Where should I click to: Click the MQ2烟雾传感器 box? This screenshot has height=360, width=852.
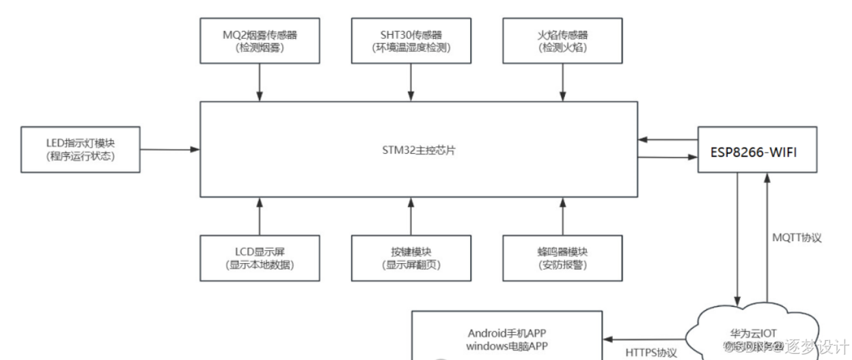click(260, 41)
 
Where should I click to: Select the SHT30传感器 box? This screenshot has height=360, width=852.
click(411, 41)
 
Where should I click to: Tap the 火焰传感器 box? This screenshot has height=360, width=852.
click(562, 41)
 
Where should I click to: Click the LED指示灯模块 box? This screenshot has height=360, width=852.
click(81, 149)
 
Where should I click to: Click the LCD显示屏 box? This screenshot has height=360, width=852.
click(260, 258)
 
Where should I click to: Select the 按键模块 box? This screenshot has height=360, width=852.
click(411, 258)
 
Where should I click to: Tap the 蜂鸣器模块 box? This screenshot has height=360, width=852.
click(562, 258)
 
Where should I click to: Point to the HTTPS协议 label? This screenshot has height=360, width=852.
click(651, 353)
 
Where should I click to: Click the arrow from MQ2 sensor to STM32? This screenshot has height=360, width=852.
click(260, 83)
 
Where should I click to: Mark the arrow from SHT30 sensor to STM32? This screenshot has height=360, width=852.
click(411, 83)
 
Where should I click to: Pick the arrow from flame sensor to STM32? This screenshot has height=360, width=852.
click(562, 83)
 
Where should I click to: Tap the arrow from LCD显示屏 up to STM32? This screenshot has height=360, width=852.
click(260, 216)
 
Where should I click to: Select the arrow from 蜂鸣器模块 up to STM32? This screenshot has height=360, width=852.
click(562, 216)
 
